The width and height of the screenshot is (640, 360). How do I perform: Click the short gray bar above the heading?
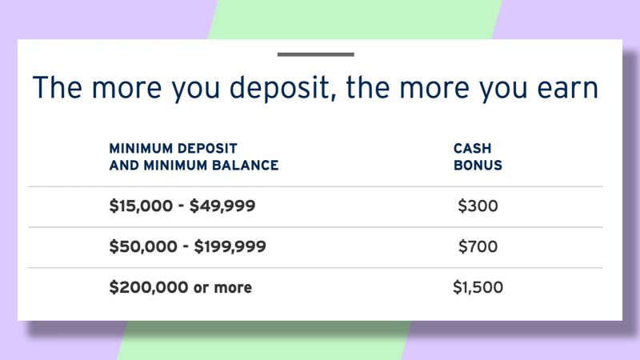tap(315, 54)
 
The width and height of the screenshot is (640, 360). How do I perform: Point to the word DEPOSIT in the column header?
tap(208, 148)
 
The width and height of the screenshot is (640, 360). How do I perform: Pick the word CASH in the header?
tap(472, 148)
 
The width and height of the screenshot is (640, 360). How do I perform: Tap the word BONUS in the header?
tap(478, 166)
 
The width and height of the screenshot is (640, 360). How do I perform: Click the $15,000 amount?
tap(141, 206)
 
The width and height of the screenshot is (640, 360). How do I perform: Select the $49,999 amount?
tap(222, 206)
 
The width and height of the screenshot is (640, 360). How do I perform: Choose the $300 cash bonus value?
tap(478, 206)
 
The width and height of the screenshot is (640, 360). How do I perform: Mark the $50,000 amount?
tap(143, 246)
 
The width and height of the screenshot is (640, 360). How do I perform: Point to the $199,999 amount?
tap(230, 246)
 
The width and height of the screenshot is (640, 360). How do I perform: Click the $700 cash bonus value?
tap(478, 246)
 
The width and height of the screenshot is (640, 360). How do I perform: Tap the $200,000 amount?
tap(148, 287)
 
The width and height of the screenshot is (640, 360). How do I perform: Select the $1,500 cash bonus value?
tap(478, 287)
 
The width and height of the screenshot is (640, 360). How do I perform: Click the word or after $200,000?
tap(202, 288)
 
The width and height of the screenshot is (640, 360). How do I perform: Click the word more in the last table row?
tap(233, 288)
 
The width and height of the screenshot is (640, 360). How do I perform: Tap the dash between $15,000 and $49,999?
tap(182, 207)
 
